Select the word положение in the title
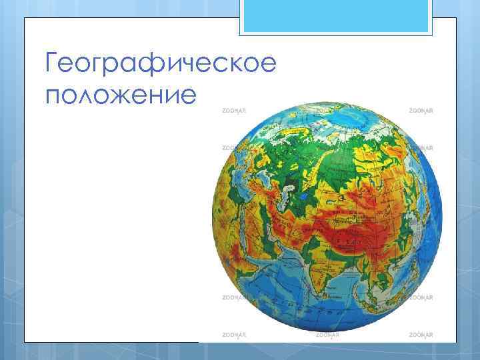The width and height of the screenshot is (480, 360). [121, 95]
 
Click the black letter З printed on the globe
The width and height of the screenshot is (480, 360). [341, 198]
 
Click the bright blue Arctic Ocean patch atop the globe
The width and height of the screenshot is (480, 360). [347, 120]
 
